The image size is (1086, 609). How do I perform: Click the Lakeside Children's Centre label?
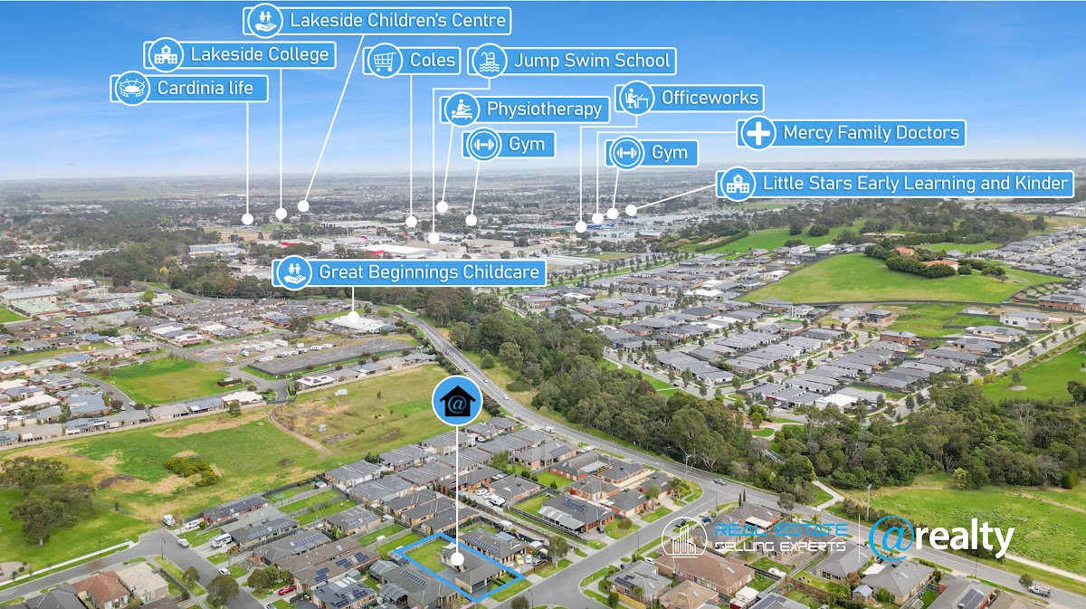[x=398, y=19]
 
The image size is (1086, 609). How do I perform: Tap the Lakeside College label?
[x=259, y=54]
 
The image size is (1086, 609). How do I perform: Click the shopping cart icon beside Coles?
[x=383, y=61]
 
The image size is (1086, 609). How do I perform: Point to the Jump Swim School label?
[x=592, y=61]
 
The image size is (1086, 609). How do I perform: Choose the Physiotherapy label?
[x=544, y=109]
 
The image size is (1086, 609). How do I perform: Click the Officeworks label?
[x=710, y=97]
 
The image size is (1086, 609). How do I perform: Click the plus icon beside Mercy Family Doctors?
[x=757, y=133]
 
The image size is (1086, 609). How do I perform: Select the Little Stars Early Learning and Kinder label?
[x=915, y=183]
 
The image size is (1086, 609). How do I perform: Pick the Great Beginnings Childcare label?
[x=429, y=271]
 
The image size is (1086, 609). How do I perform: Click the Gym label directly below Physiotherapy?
[x=526, y=144]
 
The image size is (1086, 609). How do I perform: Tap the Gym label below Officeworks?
[x=669, y=153]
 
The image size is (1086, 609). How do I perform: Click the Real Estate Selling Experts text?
[x=780, y=538]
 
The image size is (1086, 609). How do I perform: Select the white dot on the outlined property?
[x=457, y=559]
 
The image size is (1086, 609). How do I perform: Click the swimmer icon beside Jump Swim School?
[x=490, y=61]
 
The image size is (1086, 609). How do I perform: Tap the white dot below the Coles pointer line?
[x=412, y=221]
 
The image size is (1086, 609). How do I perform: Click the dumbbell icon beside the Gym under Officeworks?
[x=625, y=153]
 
